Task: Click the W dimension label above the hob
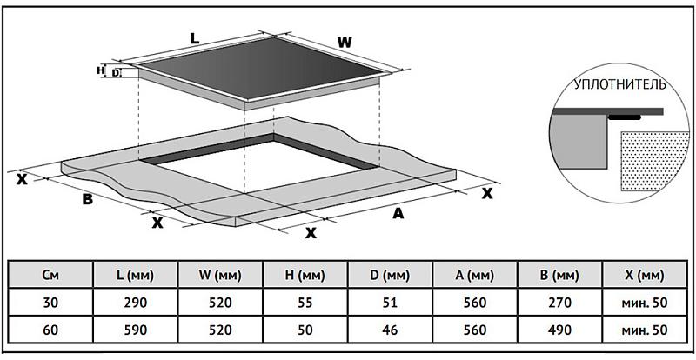click(345, 41)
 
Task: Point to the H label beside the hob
click(101, 69)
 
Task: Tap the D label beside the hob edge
click(115, 74)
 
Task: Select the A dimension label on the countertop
click(398, 213)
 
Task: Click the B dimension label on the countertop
click(87, 200)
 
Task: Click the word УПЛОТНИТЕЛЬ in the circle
click(619, 86)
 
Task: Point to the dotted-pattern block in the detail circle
click(649, 161)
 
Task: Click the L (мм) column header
click(134, 275)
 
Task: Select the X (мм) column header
click(644, 275)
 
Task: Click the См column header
click(50, 275)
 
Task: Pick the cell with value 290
click(134, 303)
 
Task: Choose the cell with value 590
click(134, 330)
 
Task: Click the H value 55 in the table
click(304, 303)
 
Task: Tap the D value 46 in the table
click(388, 330)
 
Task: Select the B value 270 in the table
click(559, 303)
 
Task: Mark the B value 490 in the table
click(559, 330)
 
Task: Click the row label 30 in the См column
click(50, 303)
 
